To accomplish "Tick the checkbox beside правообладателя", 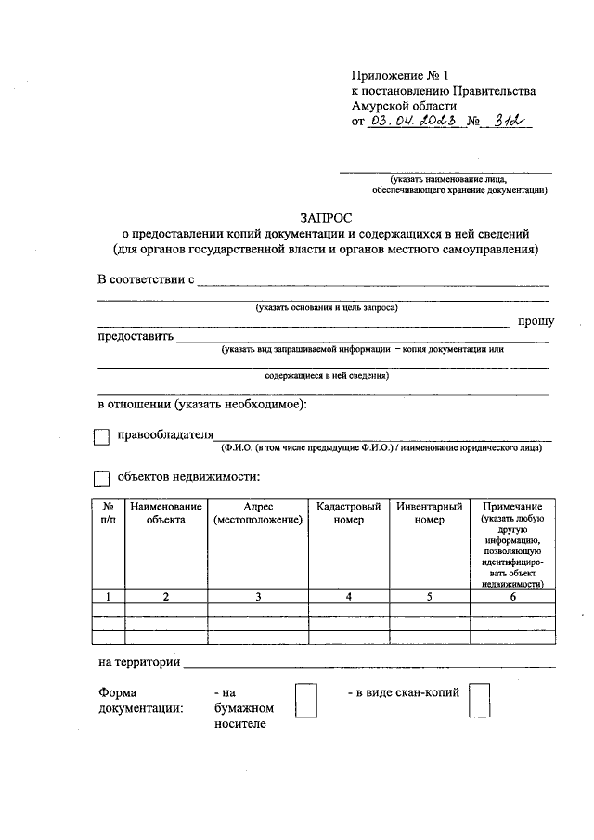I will tap(101, 436).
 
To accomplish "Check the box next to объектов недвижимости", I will tap(101, 480).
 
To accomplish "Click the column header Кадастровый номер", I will tap(348, 513).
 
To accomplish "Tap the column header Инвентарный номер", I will tap(430, 513).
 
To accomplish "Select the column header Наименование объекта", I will tap(165, 513).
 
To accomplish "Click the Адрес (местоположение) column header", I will tap(258, 513).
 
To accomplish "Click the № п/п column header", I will tap(109, 513).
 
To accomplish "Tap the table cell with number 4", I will tap(348, 597).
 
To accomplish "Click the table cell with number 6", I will tap(513, 597).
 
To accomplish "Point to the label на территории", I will tap(139, 663).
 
